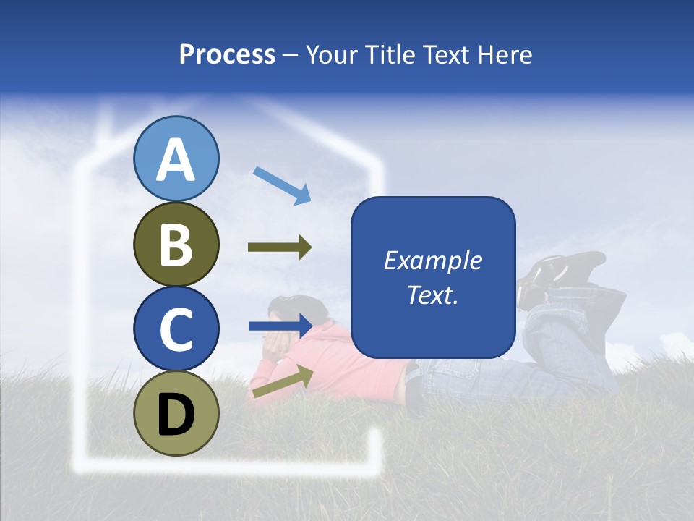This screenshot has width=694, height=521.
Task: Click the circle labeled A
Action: click(x=176, y=158)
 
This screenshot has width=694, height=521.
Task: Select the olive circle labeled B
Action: click(x=176, y=244)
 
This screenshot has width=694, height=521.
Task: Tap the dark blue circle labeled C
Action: click(x=176, y=329)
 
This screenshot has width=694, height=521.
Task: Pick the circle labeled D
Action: click(x=176, y=414)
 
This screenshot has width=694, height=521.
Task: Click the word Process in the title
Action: click(x=227, y=54)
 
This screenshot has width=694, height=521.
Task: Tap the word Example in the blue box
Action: click(x=433, y=260)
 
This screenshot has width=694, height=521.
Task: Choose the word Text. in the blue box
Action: click(x=433, y=295)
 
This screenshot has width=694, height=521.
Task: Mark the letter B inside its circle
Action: click(x=176, y=244)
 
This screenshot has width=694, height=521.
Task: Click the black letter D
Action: click(x=176, y=414)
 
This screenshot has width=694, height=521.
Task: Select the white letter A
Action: click(x=176, y=159)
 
